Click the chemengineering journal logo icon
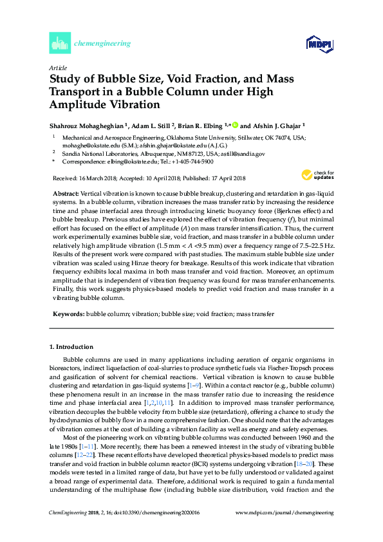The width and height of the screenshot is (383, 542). [59, 44]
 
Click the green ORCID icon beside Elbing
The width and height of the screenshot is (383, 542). [236, 125]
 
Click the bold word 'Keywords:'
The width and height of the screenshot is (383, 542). [67, 313]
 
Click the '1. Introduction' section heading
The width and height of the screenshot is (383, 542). [72, 347]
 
